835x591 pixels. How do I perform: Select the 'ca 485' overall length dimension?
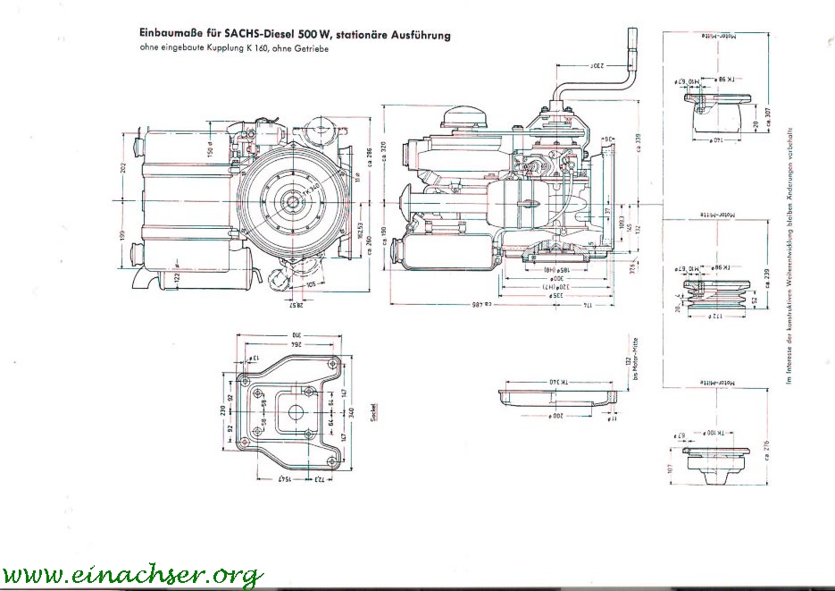click(x=482, y=305)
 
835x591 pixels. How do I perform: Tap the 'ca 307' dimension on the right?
click(x=766, y=111)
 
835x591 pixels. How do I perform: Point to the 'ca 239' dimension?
click(x=766, y=276)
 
